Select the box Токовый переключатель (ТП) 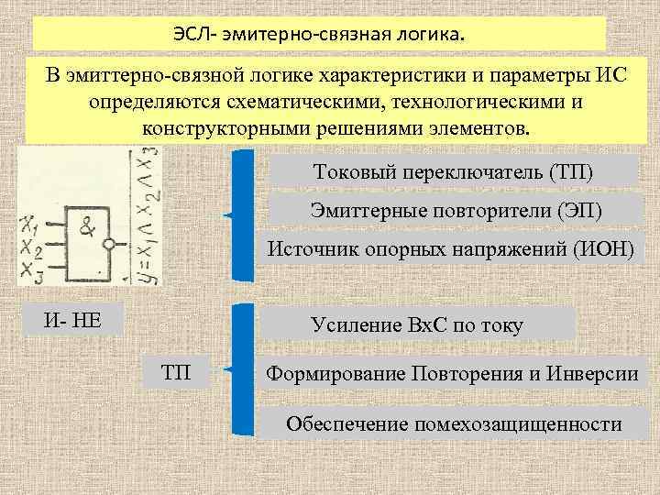[x=454, y=172]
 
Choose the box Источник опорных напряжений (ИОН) [x=450, y=247]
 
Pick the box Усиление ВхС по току [x=417, y=324]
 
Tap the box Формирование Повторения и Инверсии [x=451, y=374]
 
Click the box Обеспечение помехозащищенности [x=454, y=424]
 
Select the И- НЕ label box [x=73, y=320]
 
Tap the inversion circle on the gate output [x=111, y=246]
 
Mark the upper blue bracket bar [x=241, y=214]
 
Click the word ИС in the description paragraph [x=607, y=74]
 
